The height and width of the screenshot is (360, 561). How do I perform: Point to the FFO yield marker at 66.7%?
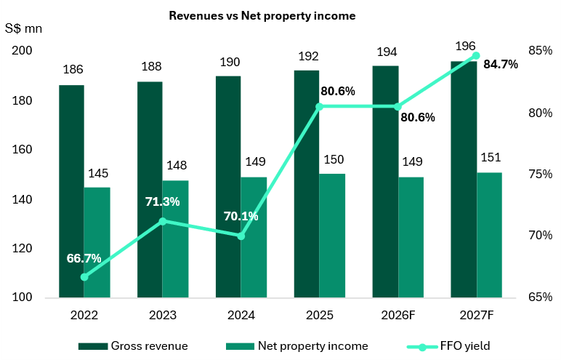tap(84, 277)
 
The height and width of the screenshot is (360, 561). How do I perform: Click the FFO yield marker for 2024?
tap(241, 236)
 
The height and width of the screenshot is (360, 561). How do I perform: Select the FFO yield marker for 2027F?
tap(476, 55)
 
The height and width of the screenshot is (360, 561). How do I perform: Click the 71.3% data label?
tap(162, 201)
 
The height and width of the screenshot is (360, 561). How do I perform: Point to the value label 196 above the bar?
tap(465, 46)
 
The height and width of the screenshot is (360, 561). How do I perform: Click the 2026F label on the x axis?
tap(397, 316)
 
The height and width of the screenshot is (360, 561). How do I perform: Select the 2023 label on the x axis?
tap(162, 316)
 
